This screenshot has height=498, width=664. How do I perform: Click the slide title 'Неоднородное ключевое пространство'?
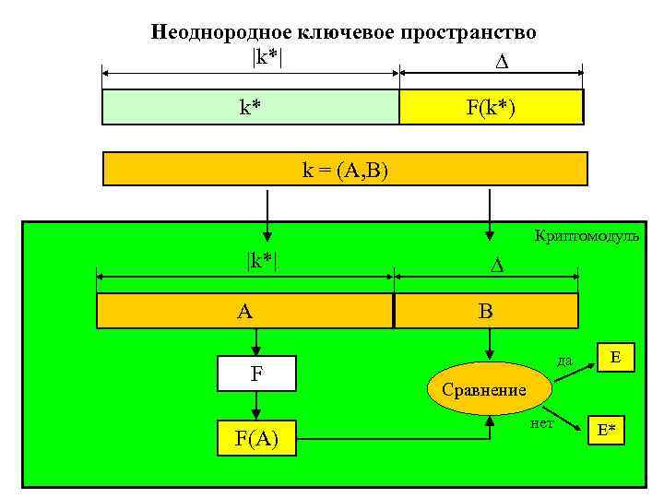(343, 33)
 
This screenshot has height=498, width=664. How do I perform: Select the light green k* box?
(250, 107)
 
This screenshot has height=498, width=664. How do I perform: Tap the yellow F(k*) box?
(491, 107)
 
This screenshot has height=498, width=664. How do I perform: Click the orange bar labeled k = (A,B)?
(344, 169)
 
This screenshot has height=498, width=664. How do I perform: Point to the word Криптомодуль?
(587, 236)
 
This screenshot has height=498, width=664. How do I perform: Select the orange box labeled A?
(245, 311)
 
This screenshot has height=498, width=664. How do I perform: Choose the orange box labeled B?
(486, 311)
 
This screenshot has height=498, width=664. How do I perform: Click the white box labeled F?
(256, 373)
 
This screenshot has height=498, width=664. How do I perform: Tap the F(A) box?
(256, 438)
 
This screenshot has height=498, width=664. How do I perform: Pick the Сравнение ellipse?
(484, 389)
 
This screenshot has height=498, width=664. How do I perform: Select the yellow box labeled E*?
(607, 430)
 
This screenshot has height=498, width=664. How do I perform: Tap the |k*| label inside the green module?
(262, 260)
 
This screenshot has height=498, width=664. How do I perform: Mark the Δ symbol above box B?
(495, 266)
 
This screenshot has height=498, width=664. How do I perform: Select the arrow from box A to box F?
(256, 343)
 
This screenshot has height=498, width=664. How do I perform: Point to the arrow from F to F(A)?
(256, 406)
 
